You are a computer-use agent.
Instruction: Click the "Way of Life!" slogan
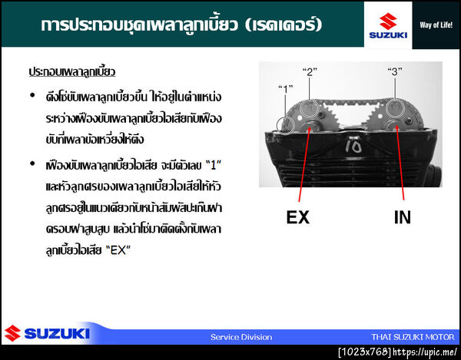[x=435, y=24]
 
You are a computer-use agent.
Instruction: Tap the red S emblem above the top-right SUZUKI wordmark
[x=388, y=19]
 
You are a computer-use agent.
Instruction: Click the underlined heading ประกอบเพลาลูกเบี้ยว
[x=71, y=71]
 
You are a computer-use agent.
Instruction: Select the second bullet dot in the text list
[x=32, y=163]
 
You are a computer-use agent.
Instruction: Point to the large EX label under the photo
[x=297, y=217]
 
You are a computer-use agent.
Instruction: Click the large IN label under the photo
[x=403, y=217]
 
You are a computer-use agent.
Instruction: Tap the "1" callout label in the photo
[x=286, y=88]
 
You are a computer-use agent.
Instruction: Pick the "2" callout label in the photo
[x=310, y=72]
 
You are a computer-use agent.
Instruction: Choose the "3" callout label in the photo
[x=396, y=72]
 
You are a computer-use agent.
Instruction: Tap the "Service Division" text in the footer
[x=241, y=337]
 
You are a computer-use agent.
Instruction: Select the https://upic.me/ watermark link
[x=426, y=352]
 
